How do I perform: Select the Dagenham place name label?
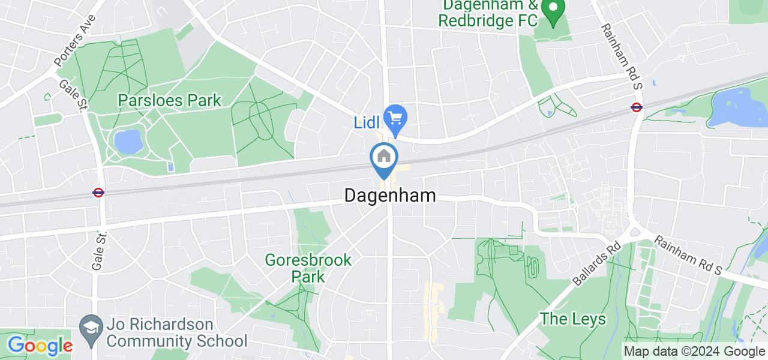click(x=390, y=196)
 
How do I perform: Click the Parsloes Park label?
click(x=170, y=100)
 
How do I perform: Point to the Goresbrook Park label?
click(x=308, y=268)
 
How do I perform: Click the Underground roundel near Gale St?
click(x=98, y=193)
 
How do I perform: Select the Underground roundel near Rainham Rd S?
click(x=637, y=107)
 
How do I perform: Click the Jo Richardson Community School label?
click(x=177, y=333)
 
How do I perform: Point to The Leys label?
click(x=572, y=319)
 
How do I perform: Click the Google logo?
click(x=40, y=346)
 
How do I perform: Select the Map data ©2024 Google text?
click(x=694, y=352)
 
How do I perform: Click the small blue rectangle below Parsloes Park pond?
click(x=172, y=166)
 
